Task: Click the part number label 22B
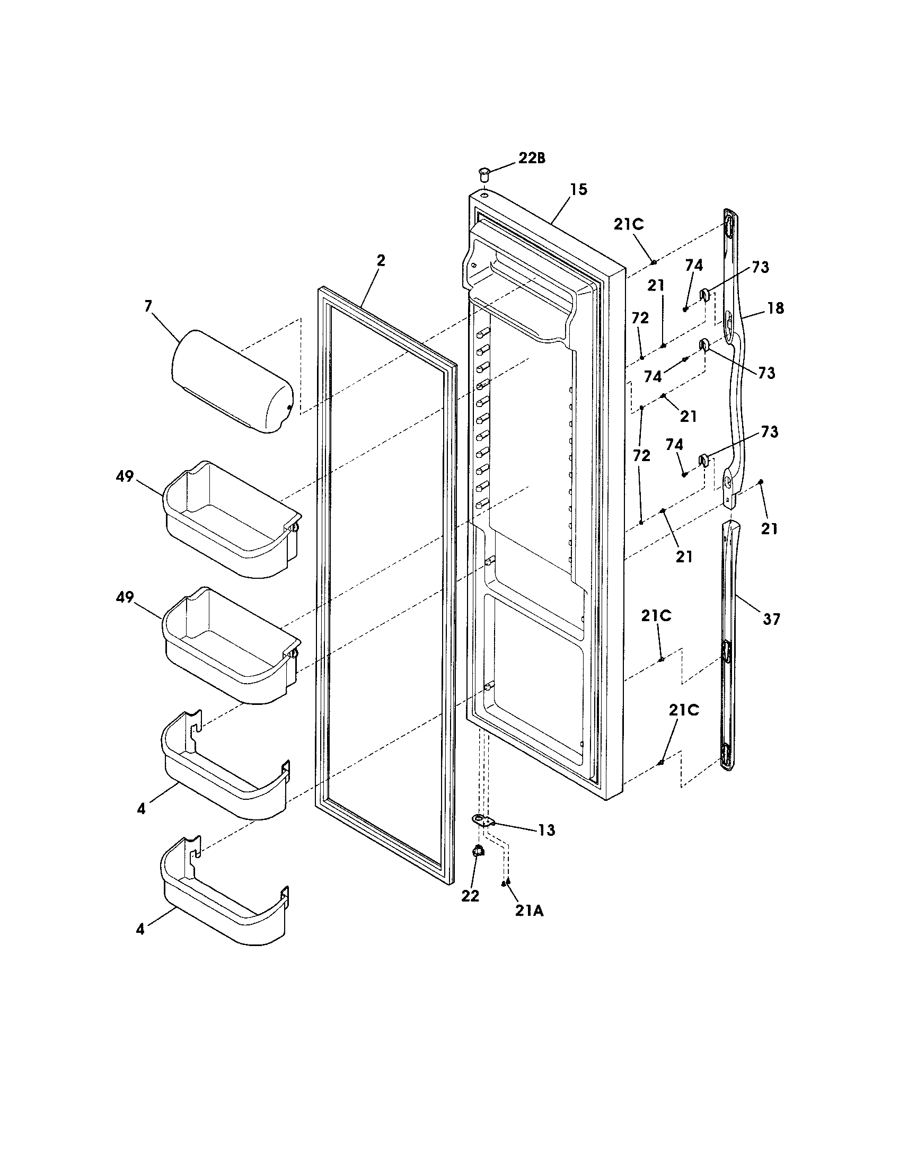(x=532, y=158)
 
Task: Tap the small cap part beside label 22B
(x=483, y=173)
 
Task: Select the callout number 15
(x=578, y=189)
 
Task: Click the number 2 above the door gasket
(x=381, y=261)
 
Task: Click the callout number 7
(x=148, y=306)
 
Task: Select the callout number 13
(x=547, y=830)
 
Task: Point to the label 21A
(x=529, y=911)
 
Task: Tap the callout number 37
(x=771, y=619)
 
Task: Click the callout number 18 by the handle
(x=775, y=308)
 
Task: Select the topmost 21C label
(x=628, y=224)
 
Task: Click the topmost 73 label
(x=761, y=267)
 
